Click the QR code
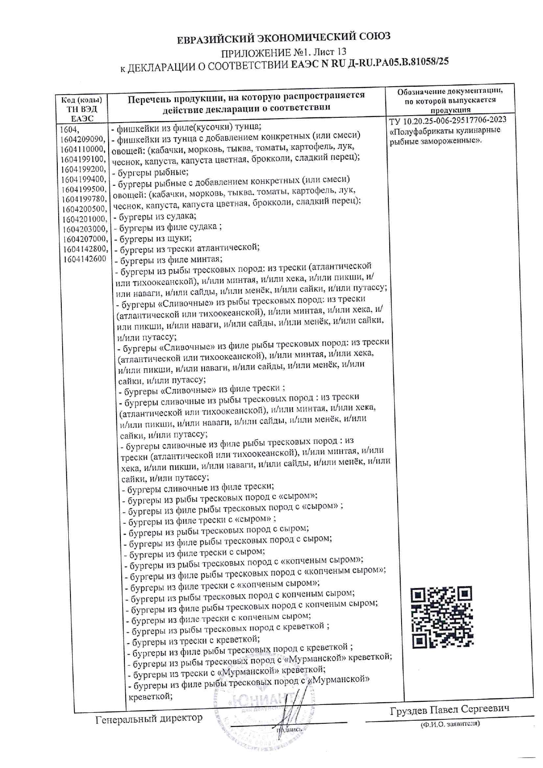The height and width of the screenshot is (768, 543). [442, 618]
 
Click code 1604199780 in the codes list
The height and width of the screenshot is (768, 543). [84, 199]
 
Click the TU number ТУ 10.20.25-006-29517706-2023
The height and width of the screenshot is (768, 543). [447, 120]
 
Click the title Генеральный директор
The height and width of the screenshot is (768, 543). [149, 718]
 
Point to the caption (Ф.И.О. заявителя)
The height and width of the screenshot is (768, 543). [450, 724]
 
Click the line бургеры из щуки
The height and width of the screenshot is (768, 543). [153, 238]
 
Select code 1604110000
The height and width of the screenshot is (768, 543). [84, 149]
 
